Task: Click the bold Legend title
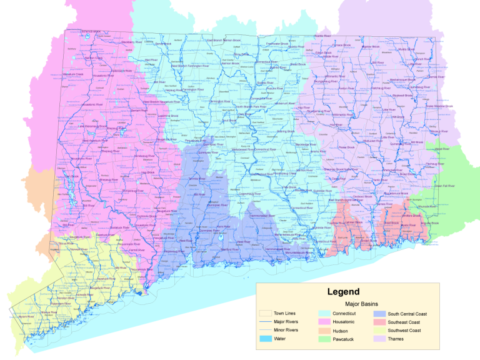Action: tap(343, 291)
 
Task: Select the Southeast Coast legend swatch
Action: tap(379, 321)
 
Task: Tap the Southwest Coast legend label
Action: tap(405, 330)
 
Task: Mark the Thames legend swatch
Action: tap(379, 339)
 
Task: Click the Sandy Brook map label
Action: tap(162, 44)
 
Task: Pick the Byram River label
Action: tap(26, 317)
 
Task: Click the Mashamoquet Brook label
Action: tap(402, 80)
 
